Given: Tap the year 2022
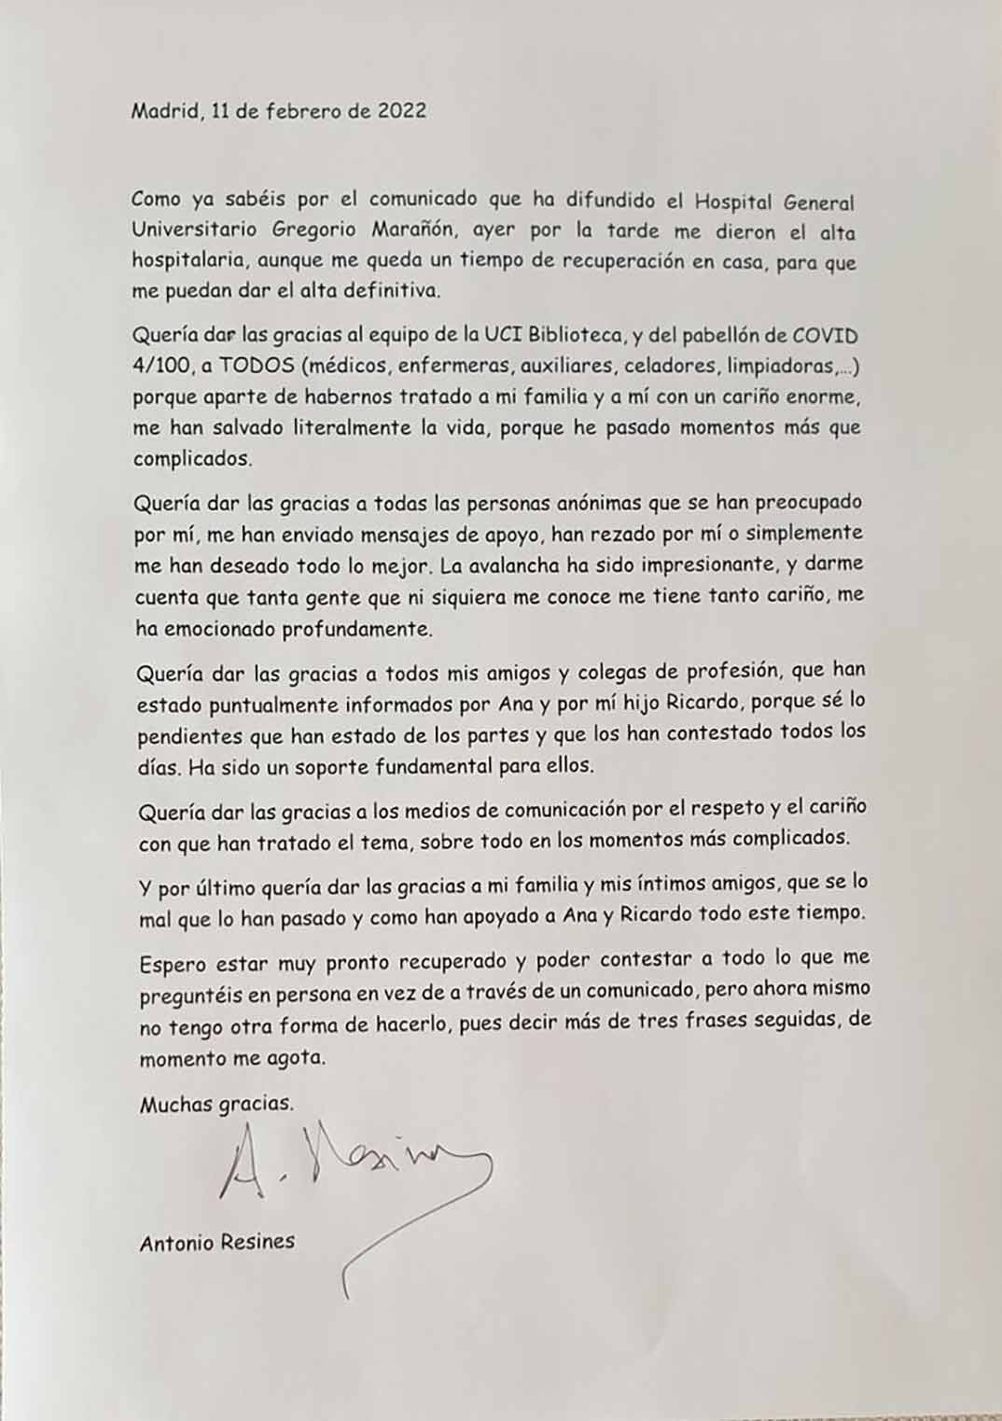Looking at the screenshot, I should (x=401, y=111).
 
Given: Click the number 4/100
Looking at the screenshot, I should (x=162, y=366).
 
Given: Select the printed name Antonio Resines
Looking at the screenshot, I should (x=217, y=1242).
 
